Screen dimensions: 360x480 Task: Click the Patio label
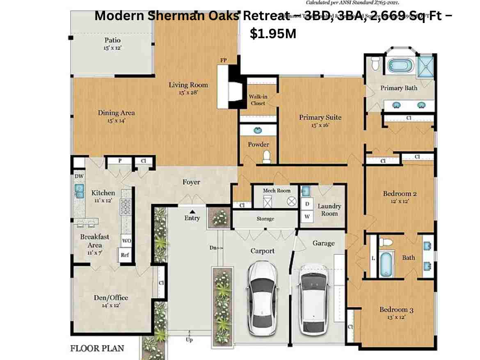pyautogui.click(x=112, y=40)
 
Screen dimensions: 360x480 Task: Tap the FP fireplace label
pyautogui.click(x=224, y=60)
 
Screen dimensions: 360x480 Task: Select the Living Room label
pyautogui.click(x=188, y=85)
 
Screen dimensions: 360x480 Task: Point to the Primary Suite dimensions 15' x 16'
pyautogui.click(x=320, y=126)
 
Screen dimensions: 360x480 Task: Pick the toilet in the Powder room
pyautogui.click(x=267, y=156)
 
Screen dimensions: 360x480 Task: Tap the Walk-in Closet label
pyautogui.click(x=257, y=100)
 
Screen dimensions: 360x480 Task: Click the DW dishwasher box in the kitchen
pyautogui.click(x=79, y=176)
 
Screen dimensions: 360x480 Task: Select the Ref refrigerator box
pyautogui.click(x=125, y=255)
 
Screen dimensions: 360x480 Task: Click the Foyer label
pyautogui.click(x=191, y=182)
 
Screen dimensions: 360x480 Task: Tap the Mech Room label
pyautogui.click(x=277, y=190)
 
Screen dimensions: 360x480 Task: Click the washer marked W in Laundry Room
pyautogui.click(x=306, y=216)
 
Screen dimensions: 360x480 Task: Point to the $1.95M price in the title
pyautogui.click(x=272, y=34)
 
